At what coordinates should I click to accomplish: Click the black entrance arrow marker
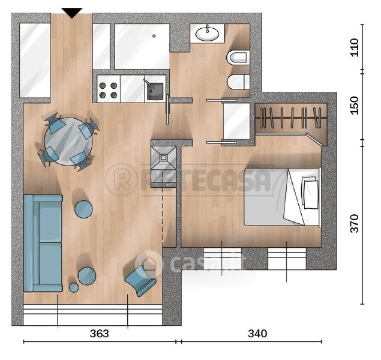[72, 13]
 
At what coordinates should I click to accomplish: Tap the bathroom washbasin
[207, 34]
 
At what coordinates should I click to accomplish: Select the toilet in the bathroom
[238, 58]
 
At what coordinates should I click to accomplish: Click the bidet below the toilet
[238, 82]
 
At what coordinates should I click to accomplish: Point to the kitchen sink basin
[155, 91]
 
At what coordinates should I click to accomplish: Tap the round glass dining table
[68, 142]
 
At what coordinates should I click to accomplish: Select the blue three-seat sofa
[43, 243]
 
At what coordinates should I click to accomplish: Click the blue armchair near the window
[140, 281]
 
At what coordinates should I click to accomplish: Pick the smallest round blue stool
[74, 288]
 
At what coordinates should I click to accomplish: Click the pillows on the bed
[310, 193]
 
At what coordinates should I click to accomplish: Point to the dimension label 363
[99, 334]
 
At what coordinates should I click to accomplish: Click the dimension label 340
[257, 334]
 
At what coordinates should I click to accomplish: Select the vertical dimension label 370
[354, 223]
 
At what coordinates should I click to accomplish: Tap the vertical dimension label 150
[354, 106]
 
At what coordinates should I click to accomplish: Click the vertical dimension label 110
[354, 47]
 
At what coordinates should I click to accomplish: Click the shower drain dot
[154, 36]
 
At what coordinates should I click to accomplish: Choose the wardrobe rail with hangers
[291, 118]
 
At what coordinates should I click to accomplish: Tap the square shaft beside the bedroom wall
[164, 163]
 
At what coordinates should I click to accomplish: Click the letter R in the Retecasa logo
[122, 180]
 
